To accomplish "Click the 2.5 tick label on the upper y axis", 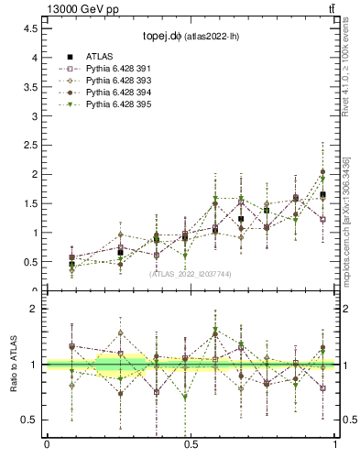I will pyautogui.click(x=31, y=145).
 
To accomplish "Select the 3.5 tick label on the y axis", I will pyautogui.click(x=31, y=86).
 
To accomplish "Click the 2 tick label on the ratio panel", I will pyautogui.click(x=35, y=310).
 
